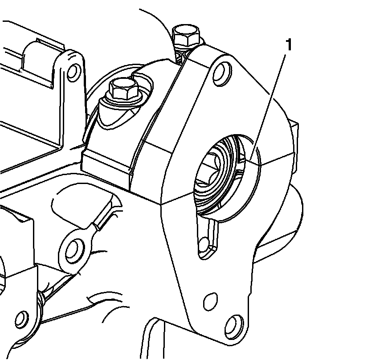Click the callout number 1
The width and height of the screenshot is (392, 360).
pyautogui.click(x=289, y=45)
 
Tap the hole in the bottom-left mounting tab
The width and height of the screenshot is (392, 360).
pyautogui.click(x=20, y=319)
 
